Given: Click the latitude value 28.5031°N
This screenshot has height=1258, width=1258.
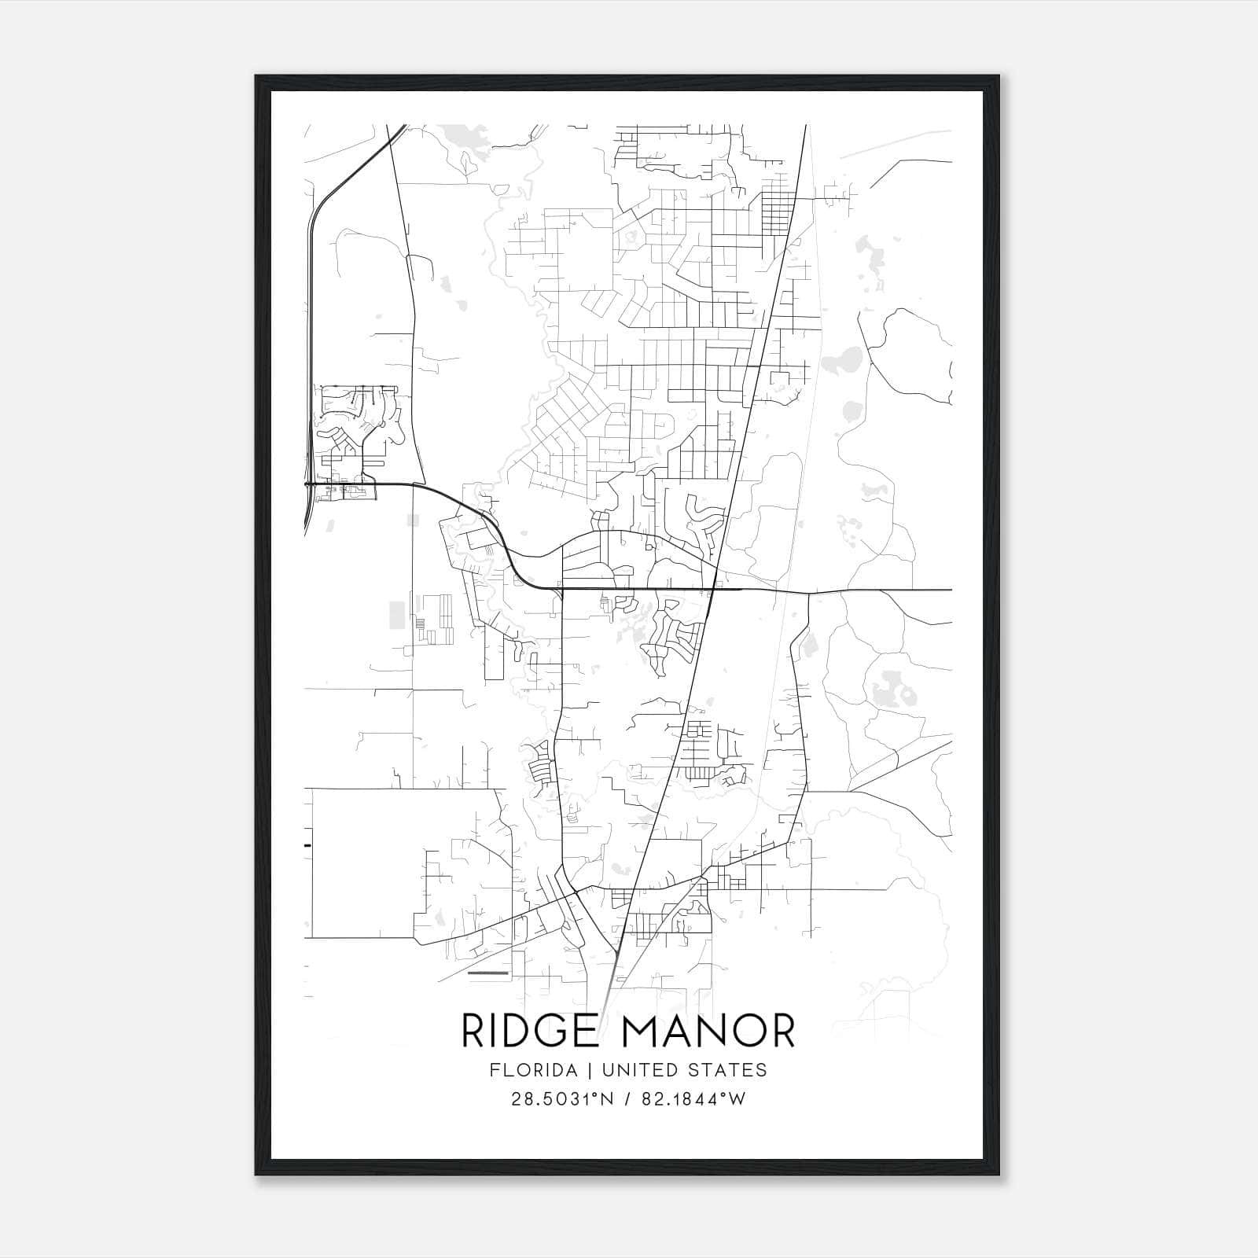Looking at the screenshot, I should pyautogui.click(x=561, y=1099).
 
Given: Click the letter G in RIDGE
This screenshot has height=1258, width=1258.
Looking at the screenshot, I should pyautogui.click(x=555, y=1031).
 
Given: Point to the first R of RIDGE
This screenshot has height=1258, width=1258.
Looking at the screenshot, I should pyautogui.click(x=473, y=1031).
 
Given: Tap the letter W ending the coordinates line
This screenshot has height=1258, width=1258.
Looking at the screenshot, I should pyautogui.click(x=736, y=1099).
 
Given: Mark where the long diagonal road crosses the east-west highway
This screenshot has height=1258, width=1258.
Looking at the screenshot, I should pyautogui.click(x=713, y=589).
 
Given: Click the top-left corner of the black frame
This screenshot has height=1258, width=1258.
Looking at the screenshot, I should pyautogui.click(x=256, y=76).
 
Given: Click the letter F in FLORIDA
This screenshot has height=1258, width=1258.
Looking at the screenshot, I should pyautogui.click(x=493, y=1070).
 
